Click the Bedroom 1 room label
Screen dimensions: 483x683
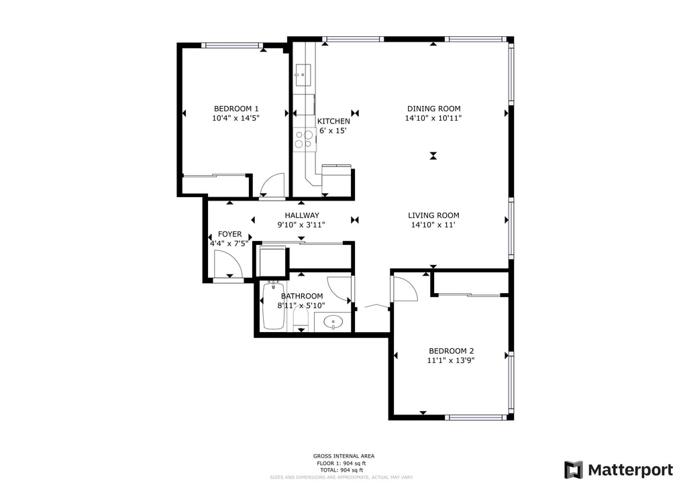[236, 109]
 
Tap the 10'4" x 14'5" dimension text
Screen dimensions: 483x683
[235, 118]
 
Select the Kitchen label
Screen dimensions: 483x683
[333, 121]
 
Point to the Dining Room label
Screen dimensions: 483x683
[433, 109]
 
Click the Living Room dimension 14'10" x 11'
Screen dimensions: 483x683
[433, 225]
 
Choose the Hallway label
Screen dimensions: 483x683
[301, 215]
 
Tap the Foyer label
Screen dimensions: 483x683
[229, 234]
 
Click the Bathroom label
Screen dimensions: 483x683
[301, 296]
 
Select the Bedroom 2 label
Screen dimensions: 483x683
[451, 351]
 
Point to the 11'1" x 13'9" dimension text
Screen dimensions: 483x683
[451, 360]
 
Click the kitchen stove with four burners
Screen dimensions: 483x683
[303, 139]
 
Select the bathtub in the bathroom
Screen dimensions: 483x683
[274, 307]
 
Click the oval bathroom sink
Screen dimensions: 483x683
[333, 323]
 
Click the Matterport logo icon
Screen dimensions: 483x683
[574, 470]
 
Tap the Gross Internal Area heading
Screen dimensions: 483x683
[344, 456]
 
